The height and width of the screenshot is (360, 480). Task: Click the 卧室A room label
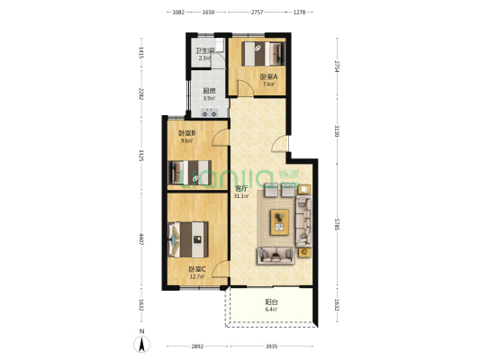[267, 77]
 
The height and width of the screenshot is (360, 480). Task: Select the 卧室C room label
[196, 270]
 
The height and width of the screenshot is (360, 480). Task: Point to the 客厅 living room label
[240, 188]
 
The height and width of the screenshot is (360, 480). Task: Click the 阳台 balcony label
[270, 303]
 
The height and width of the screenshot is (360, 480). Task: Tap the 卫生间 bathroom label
[205, 50]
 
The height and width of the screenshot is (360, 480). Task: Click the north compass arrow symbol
[142, 343]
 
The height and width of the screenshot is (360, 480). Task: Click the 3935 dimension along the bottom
[270, 346]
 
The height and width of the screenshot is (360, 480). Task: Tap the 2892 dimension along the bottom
[196, 346]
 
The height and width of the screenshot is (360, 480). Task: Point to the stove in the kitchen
[210, 112]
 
